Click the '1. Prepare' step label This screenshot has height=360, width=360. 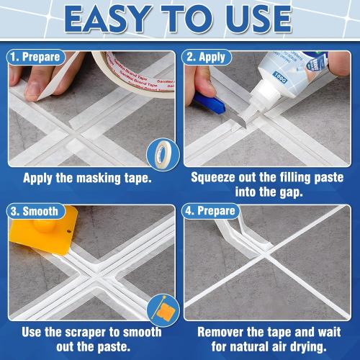(x=35, y=57)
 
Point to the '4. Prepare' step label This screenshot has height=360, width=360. (x=211, y=212)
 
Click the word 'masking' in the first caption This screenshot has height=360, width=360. (x=100, y=176)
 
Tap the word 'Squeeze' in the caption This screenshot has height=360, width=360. (x=217, y=176)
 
